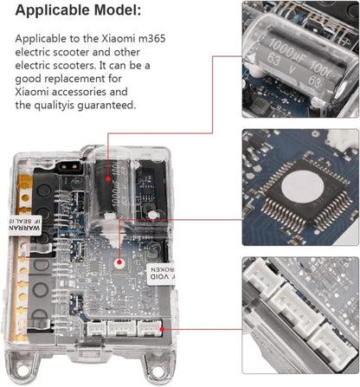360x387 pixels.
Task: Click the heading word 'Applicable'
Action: (48, 12)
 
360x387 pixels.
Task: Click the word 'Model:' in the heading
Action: (117, 12)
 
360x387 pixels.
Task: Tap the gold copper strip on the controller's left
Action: (33, 208)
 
